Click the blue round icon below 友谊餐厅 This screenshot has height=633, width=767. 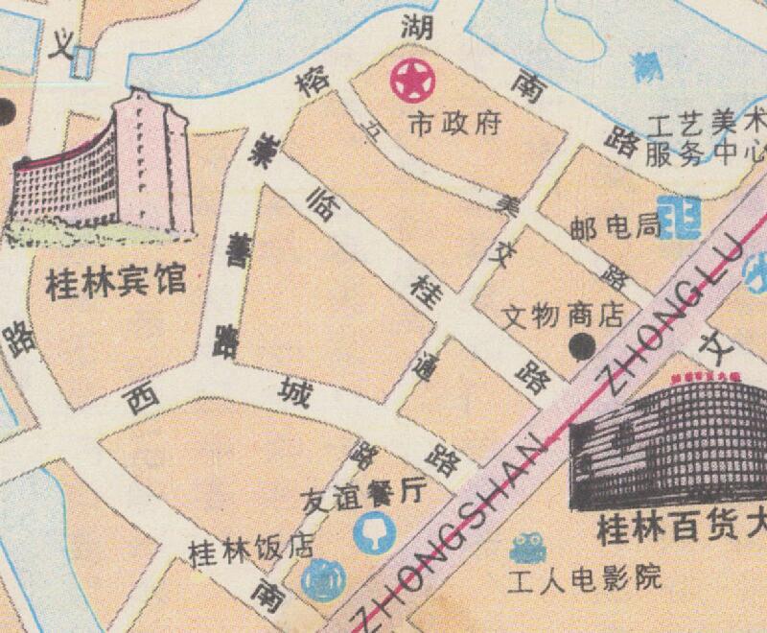tap(370, 532)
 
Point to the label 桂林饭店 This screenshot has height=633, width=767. tap(250, 550)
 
